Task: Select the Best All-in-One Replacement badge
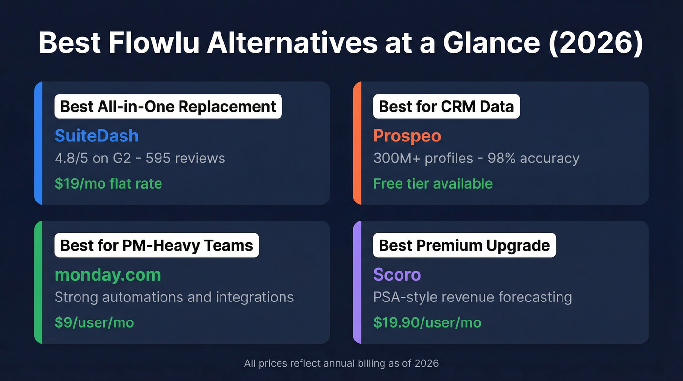pyautogui.click(x=168, y=106)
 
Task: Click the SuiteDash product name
pyautogui.click(x=97, y=136)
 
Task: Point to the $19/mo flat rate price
pyautogui.click(x=108, y=183)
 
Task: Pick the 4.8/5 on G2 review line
pyautogui.click(x=140, y=158)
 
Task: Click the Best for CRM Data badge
pyautogui.click(x=446, y=106)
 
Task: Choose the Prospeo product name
pyautogui.click(x=407, y=136)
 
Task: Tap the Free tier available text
pyautogui.click(x=433, y=183)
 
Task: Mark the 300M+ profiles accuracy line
pyautogui.click(x=476, y=158)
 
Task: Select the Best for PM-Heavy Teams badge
pyautogui.click(x=157, y=245)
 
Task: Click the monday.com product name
pyautogui.click(x=107, y=274)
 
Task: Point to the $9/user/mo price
pyautogui.click(x=94, y=322)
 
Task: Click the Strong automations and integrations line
pyautogui.click(x=174, y=297)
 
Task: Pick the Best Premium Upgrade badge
pyautogui.click(x=464, y=245)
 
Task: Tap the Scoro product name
pyautogui.click(x=397, y=274)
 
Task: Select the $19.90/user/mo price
pyautogui.click(x=427, y=322)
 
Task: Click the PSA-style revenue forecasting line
pyautogui.click(x=472, y=297)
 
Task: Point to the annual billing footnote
pyautogui.click(x=341, y=363)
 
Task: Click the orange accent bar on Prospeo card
pyautogui.click(x=357, y=143)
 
